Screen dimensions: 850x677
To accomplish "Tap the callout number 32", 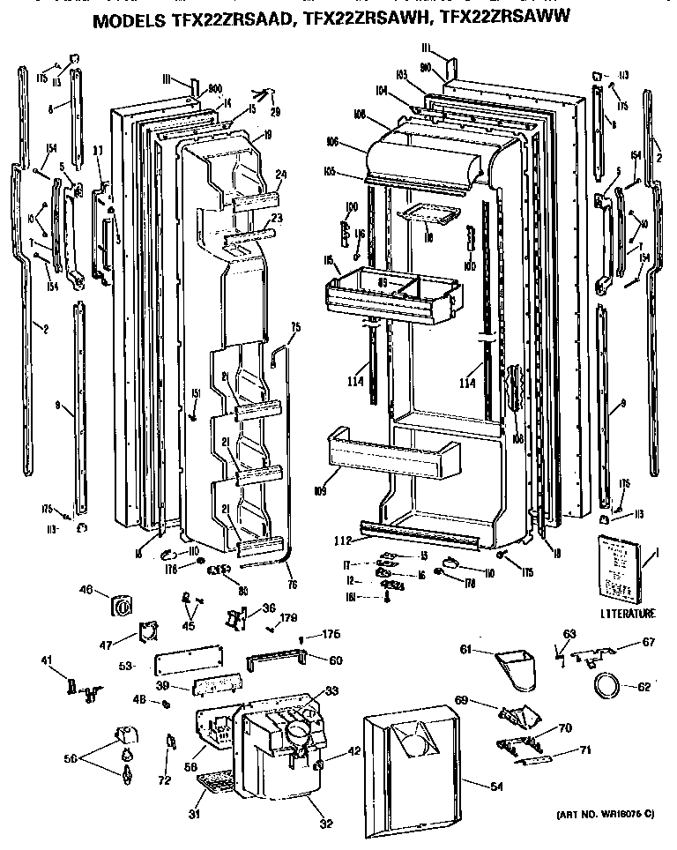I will tap(325, 824).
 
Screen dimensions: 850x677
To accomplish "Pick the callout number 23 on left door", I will tap(276, 218).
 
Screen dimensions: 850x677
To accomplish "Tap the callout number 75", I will tap(295, 327).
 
